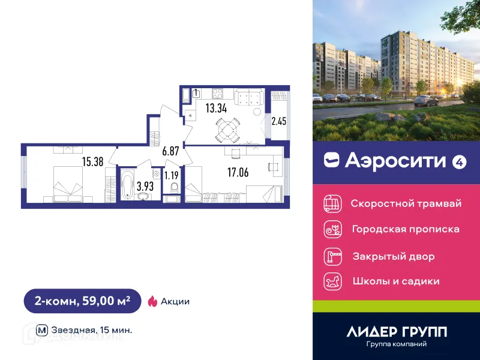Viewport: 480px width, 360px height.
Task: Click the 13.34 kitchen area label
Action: pos(216,108)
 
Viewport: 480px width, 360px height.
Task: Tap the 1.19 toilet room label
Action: pos(172,176)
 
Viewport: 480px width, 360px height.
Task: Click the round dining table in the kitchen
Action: pos(226,127)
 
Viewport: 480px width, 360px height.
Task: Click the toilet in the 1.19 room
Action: pos(175,188)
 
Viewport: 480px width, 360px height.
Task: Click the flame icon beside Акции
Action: pos(152,301)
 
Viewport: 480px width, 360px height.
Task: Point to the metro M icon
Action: pos(42,329)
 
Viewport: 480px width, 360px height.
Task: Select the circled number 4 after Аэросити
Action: pos(459,161)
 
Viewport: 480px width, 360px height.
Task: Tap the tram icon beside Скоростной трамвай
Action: pos(332,203)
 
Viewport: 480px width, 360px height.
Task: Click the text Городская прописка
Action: pos(405,229)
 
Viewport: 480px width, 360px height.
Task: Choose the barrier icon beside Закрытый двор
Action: pos(332,257)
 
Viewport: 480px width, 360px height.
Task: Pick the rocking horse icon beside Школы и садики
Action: pos(332,281)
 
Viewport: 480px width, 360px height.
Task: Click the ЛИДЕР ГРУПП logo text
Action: pos(397,332)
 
